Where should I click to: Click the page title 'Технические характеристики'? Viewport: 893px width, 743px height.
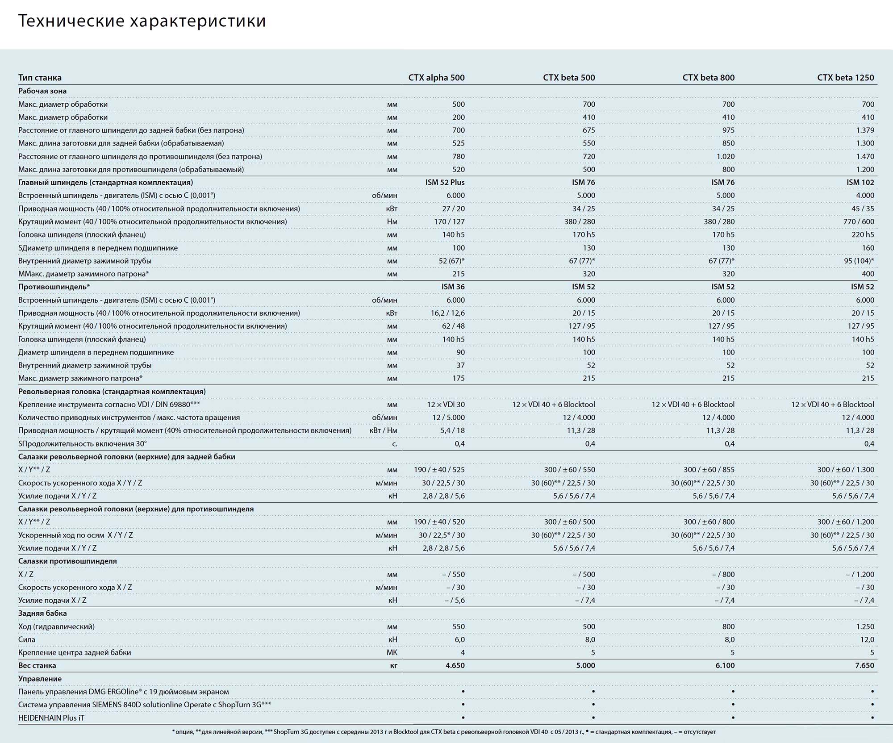coord(142,21)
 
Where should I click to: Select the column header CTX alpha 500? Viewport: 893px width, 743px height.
coord(436,78)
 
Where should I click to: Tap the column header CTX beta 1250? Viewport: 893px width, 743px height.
coord(845,78)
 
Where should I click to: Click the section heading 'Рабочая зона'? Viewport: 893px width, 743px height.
coord(42,91)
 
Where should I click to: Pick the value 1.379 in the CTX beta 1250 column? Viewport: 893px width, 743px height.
coord(865,130)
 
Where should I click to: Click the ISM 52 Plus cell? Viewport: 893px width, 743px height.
coord(445,183)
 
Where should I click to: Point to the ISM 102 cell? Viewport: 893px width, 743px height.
coord(860,183)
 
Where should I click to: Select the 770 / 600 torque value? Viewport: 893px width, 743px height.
coord(859,222)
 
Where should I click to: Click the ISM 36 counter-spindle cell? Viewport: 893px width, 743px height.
coord(453,287)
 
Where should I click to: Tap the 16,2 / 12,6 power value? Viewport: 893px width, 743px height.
coord(447,313)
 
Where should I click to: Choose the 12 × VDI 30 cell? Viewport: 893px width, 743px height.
coord(446,405)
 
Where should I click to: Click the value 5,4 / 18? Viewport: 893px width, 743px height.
coord(452,431)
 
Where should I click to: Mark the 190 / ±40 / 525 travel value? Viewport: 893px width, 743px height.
coord(439,470)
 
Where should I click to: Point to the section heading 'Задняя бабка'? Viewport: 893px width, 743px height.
coord(42,614)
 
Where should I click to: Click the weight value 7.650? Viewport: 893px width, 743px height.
coord(864,666)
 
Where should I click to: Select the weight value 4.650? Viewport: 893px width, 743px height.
coord(455,666)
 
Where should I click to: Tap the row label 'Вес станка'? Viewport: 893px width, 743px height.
coord(37,666)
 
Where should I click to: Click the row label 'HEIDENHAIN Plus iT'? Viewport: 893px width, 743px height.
coord(51,718)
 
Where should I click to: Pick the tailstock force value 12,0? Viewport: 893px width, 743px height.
coord(867,640)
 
